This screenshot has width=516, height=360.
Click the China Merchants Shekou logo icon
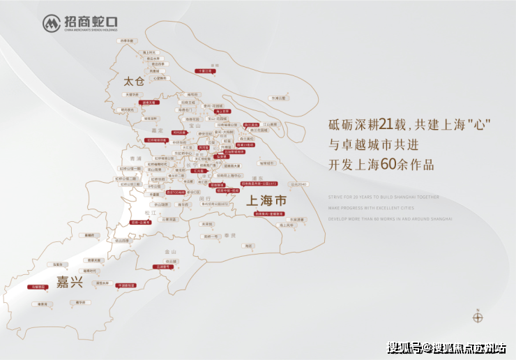click(52, 23)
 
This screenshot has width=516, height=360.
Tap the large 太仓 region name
click(132, 81)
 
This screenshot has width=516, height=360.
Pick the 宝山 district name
click(213, 126)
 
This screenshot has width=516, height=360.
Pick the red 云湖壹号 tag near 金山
click(164, 267)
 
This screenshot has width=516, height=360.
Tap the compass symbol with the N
click(478, 317)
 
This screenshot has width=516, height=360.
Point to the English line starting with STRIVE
click(384, 197)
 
